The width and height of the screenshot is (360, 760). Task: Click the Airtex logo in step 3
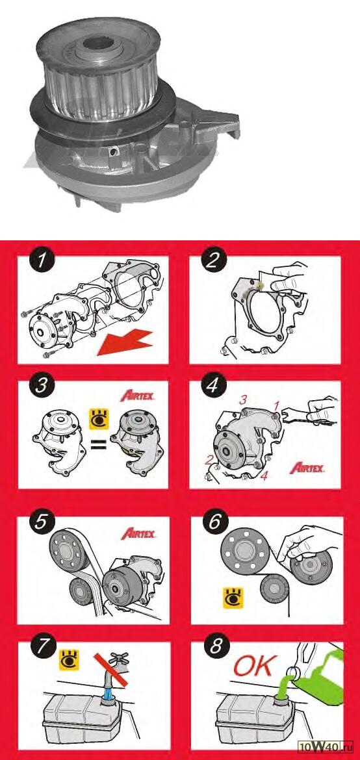[138, 396]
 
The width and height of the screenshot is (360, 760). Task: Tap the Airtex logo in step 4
[307, 468]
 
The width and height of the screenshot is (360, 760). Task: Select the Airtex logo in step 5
[138, 534]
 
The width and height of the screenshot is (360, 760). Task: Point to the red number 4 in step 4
[263, 476]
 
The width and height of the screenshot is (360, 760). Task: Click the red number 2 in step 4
[209, 460]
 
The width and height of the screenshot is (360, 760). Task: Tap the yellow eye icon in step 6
[233, 598]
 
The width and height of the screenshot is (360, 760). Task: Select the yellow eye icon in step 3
[99, 419]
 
